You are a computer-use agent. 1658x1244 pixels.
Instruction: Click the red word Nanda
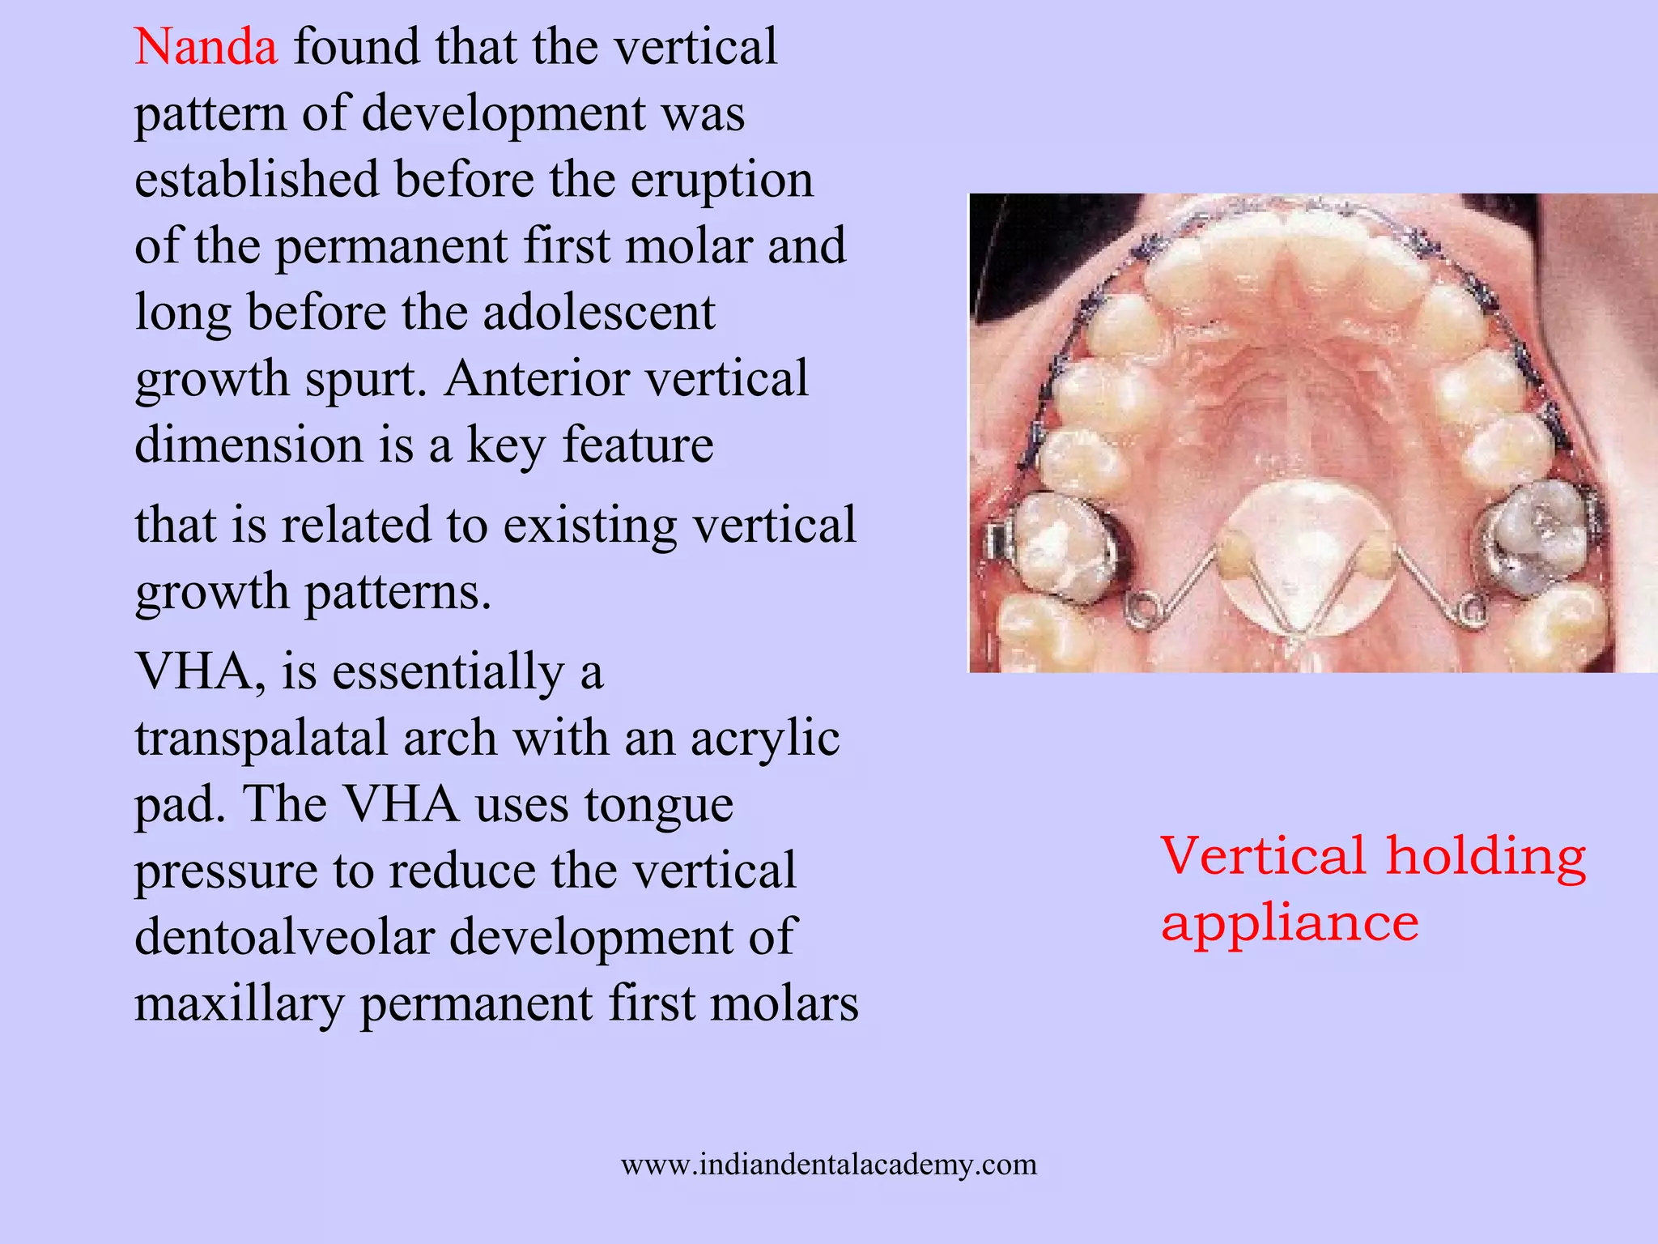[x=206, y=47]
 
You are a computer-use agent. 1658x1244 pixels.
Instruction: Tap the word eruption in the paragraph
[x=721, y=180]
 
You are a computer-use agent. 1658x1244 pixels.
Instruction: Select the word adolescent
[x=598, y=313]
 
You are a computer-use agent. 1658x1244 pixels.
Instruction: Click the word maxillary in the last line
[x=239, y=1004]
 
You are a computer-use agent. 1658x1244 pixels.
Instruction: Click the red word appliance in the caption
[x=1289, y=923]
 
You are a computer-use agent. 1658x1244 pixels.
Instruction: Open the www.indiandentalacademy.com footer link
[x=828, y=1165]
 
